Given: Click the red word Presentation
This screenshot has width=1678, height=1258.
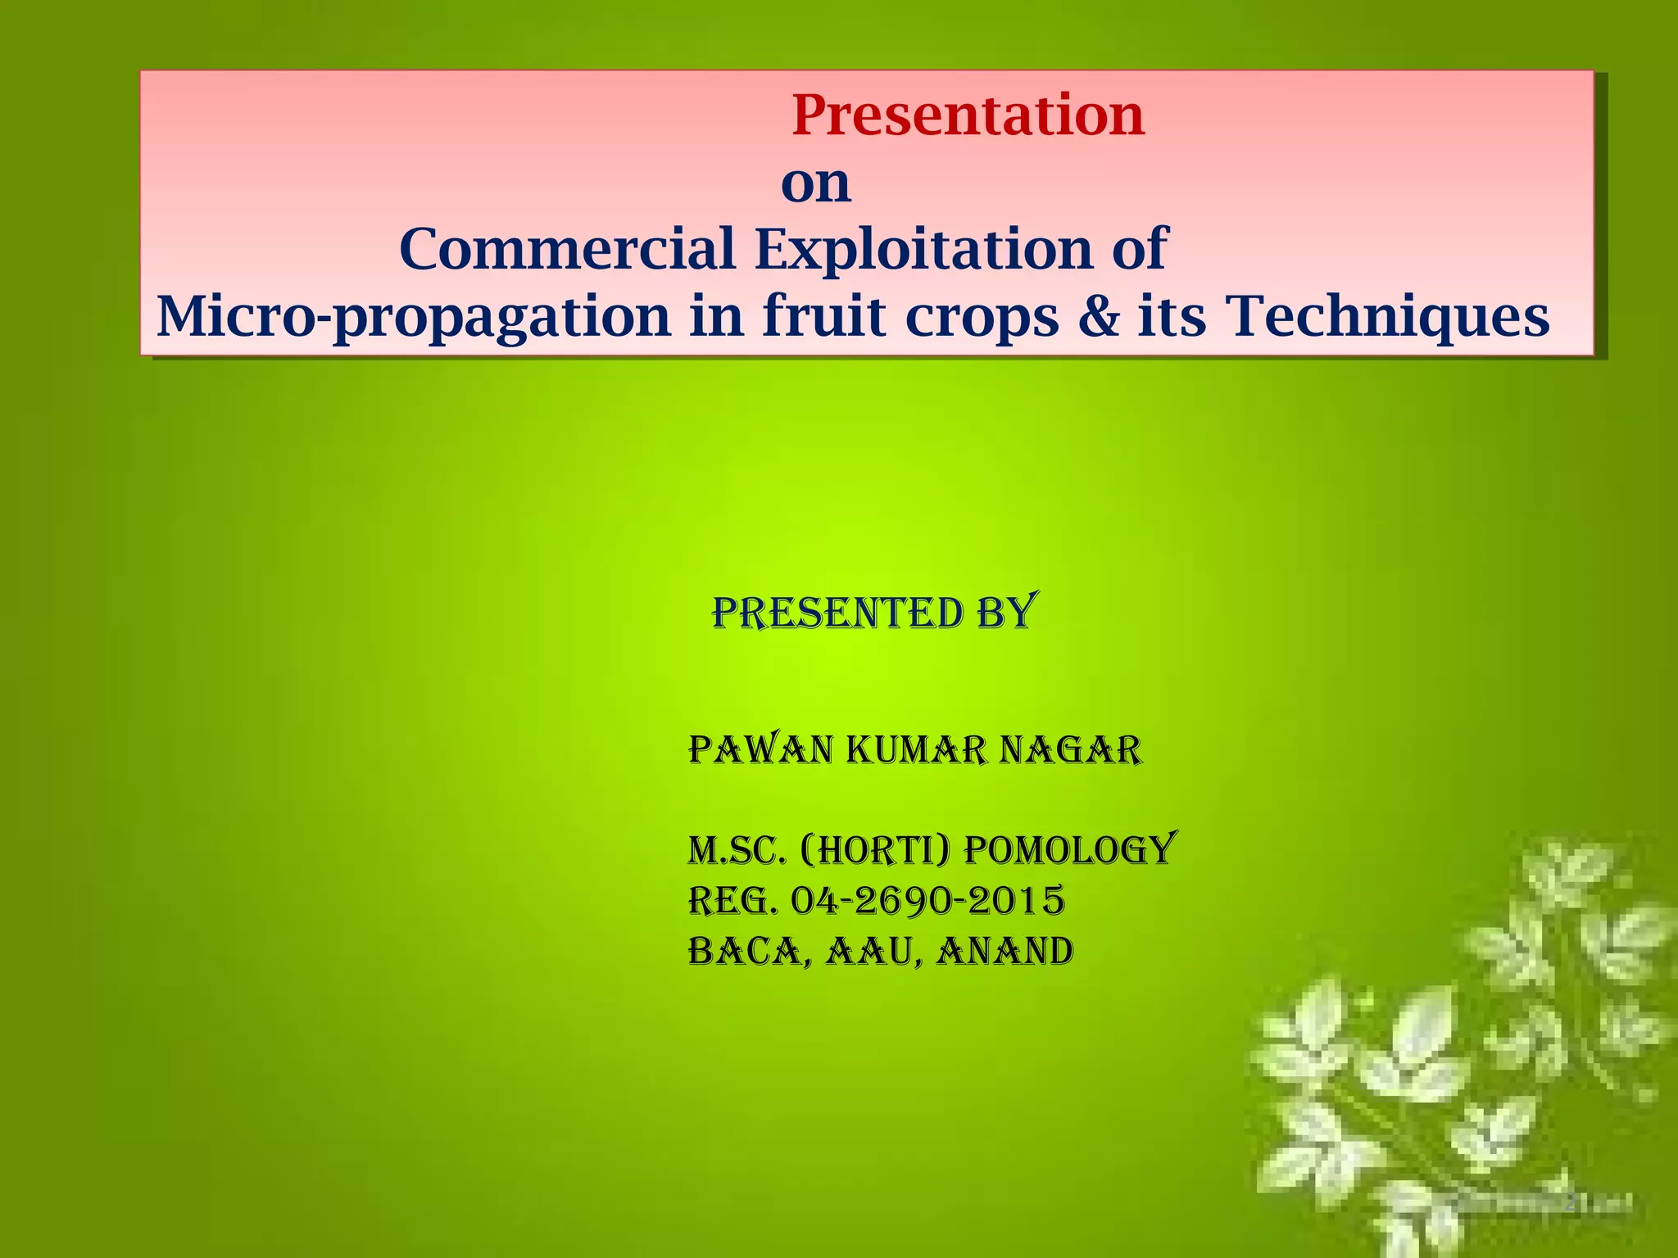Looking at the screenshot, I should (x=968, y=115).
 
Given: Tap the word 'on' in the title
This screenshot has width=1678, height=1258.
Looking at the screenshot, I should (x=816, y=183).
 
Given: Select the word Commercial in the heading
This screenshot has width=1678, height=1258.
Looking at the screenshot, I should (x=567, y=249).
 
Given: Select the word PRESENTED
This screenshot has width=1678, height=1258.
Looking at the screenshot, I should (x=837, y=614).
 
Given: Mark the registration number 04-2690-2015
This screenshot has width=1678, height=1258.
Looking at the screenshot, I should (x=927, y=901).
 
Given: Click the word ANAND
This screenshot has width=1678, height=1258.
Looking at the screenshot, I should (x=1005, y=952).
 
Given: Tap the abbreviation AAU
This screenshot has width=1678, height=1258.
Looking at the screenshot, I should (x=870, y=953).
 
